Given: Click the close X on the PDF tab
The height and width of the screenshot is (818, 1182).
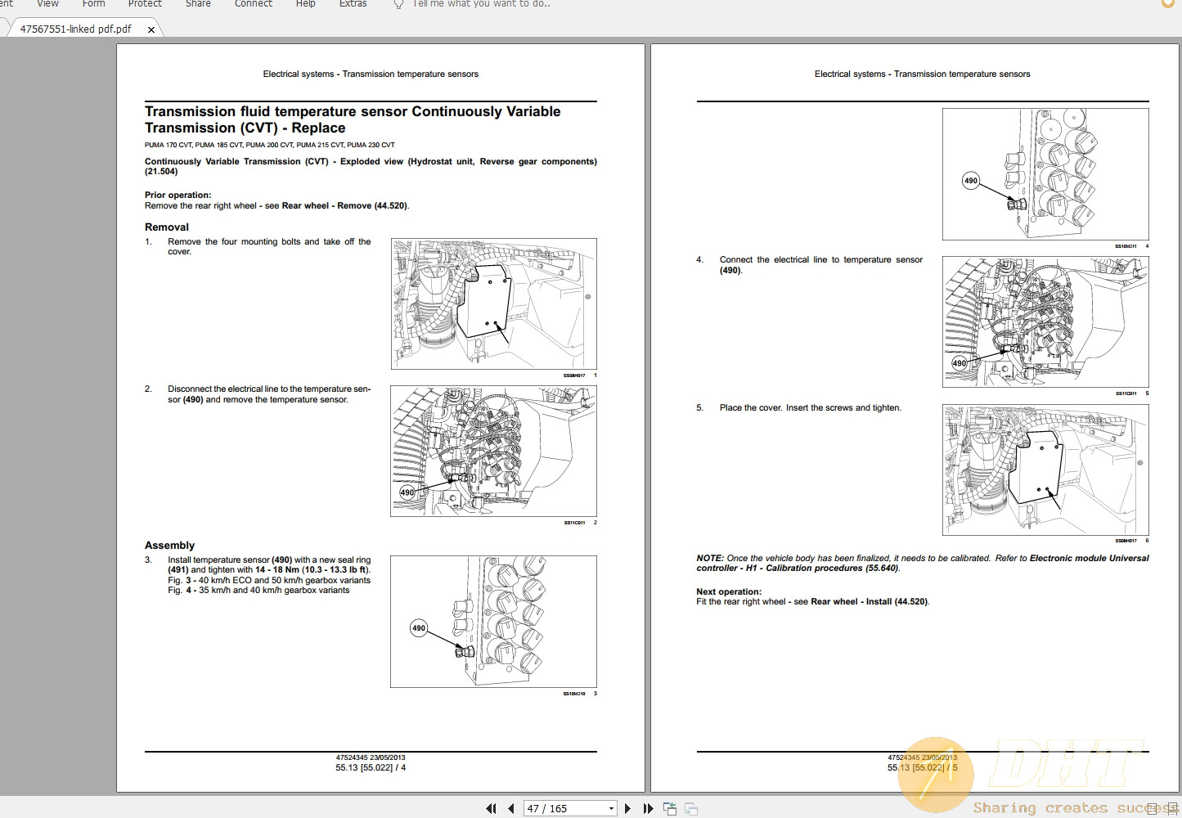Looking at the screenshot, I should pyautogui.click(x=151, y=29).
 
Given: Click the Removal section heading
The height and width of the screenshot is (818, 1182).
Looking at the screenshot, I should pyautogui.click(x=167, y=227).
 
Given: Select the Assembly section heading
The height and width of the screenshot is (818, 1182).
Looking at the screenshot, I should pyautogui.click(x=169, y=546).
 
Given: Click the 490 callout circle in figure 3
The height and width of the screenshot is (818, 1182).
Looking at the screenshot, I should pyautogui.click(x=419, y=628).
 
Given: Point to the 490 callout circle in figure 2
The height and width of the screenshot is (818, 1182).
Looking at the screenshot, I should pyautogui.click(x=407, y=492).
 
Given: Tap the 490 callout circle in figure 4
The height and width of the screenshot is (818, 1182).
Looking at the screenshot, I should pyautogui.click(x=971, y=181).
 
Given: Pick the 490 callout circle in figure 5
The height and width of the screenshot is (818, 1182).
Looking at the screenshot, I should pyautogui.click(x=960, y=363).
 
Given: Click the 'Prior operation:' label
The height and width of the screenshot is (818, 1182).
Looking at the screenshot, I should pyautogui.click(x=178, y=195).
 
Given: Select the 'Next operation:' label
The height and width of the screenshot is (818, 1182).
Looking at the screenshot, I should pyautogui.click(x=729, y=591).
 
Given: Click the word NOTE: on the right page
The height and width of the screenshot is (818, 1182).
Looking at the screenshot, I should pyautogui.click(x=710, y=558).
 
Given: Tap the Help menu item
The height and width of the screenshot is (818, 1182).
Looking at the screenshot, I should pyautogui.click(x=306, y=4).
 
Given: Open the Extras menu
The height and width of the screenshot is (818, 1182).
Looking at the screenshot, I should pyautogui.click(x=353, y=4).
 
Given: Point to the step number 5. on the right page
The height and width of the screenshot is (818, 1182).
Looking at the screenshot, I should pyautogui.click(x=700, y=407).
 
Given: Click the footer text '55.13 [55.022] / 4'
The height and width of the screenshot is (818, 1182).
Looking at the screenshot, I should pyautogui.click(x=371, y=767).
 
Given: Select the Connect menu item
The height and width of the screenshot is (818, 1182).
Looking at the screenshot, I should pyautogui.click(x=254, y=4).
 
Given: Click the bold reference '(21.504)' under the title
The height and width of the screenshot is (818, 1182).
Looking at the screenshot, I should pyautogui.click(x=161, y=172).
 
